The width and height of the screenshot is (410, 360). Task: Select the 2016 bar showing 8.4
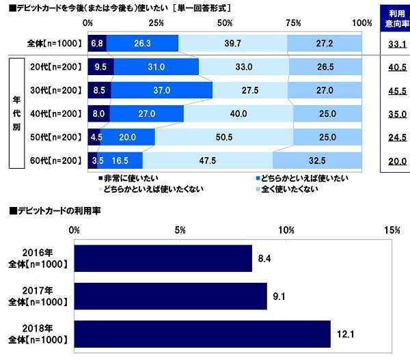(x=163, y=258)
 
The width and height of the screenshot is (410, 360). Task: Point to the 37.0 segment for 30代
(x=161, y=89)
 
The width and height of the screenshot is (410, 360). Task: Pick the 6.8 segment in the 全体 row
(x=96, y=43)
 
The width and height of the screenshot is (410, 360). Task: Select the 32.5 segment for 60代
(x=317, y=161)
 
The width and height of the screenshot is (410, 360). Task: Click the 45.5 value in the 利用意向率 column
(x=398, y=90)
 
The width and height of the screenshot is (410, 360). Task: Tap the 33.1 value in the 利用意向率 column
(x=398, y=44)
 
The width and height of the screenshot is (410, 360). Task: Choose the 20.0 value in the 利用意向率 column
(x=398, y=161)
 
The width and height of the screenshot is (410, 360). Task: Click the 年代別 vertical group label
(x=16, y=113)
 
